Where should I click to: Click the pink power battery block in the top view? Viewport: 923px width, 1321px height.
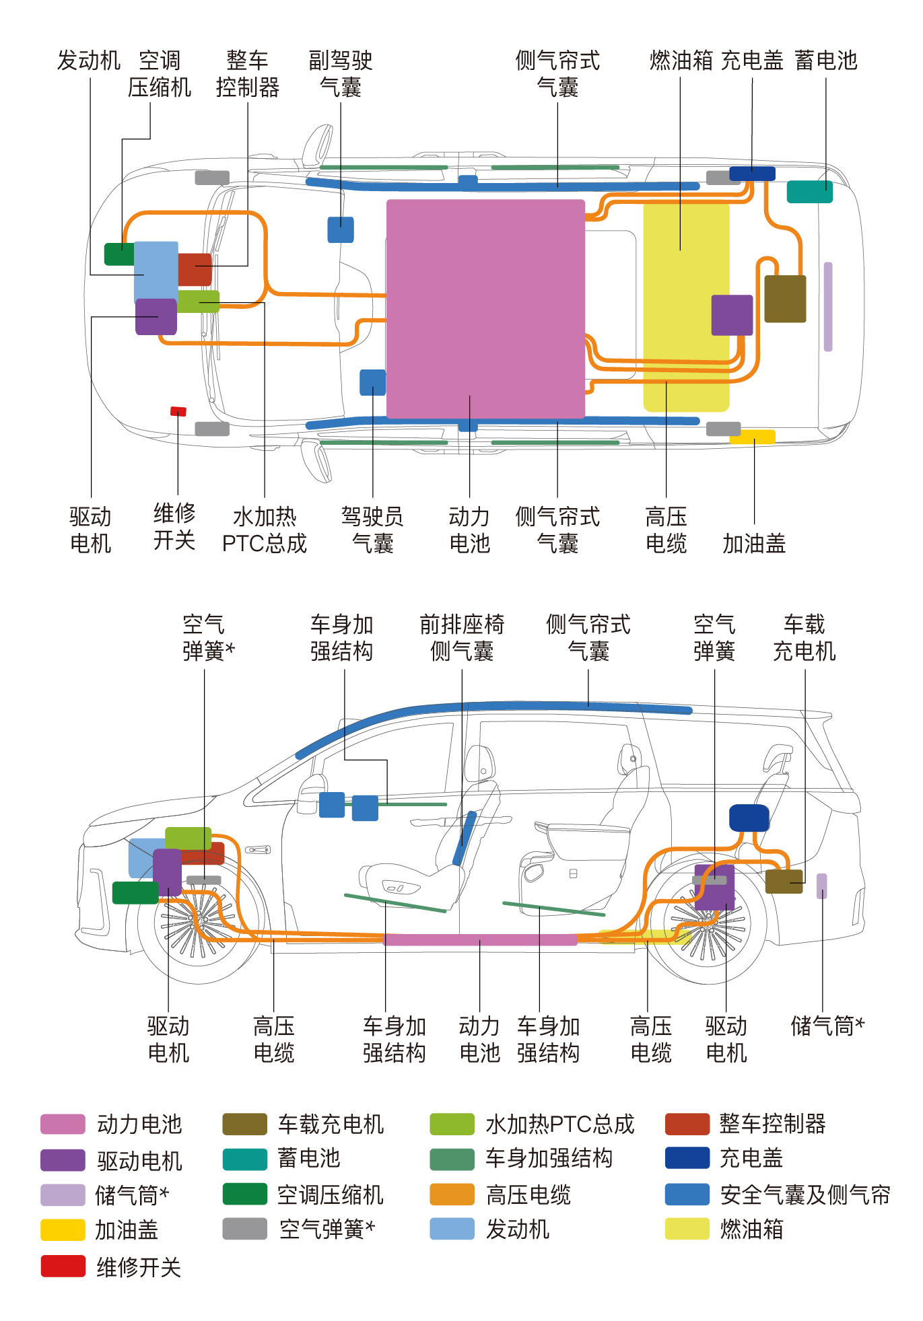click(x=485, y=308)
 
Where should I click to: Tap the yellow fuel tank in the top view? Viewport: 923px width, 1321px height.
click(x=686, y=306)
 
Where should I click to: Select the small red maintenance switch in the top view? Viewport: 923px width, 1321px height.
click(x=178, y=411)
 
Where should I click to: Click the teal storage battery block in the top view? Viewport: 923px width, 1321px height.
click(x=810, y=192)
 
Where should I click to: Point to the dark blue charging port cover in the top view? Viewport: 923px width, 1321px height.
click(x=753, y=174)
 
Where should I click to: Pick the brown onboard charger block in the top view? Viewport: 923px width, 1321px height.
click(x=785, y=299)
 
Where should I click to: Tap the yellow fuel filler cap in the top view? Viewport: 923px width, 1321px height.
click(x=753, y=437)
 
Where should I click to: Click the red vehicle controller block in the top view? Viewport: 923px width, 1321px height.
click(x=195, y=269)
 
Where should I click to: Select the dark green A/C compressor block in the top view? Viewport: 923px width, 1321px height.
click(x=119, y=254)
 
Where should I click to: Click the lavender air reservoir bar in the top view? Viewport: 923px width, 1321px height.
click(x=828, y=307)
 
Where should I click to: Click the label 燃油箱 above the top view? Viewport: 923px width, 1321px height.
click(x=681, y=61)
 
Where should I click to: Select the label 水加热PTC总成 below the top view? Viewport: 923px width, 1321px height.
click(x=265, y=530)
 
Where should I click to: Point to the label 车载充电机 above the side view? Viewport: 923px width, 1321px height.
click(x=805, y=638)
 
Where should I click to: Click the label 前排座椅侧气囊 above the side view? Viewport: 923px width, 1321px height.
click(x=462, y=638)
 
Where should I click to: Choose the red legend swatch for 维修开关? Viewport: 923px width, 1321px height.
click(x=63, y=1266)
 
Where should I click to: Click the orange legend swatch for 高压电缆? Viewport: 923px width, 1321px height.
click(x=452, y=1194)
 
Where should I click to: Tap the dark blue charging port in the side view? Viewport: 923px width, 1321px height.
click(x=749, y=818)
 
